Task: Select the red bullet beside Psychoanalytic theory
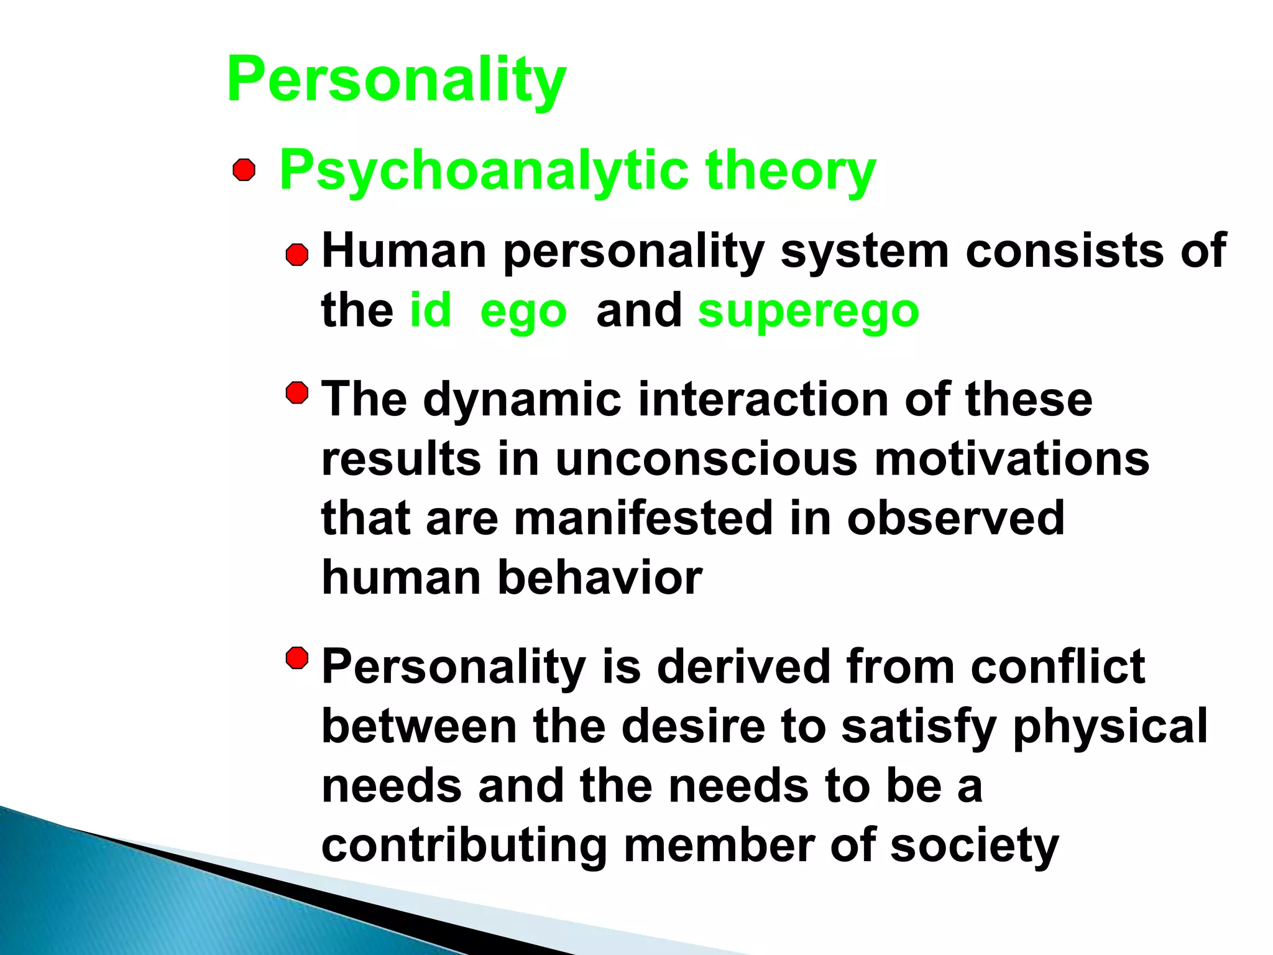click(x=244, y=170)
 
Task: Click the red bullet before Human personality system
click(x=297, y=255)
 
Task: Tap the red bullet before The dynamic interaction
click(x=297, y=393)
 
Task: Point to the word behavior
click(x=600, y=578)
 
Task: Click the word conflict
click(x=1057, y=667)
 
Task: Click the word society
click(x=974, y=847)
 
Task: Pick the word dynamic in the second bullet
click(x=522, y=400)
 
